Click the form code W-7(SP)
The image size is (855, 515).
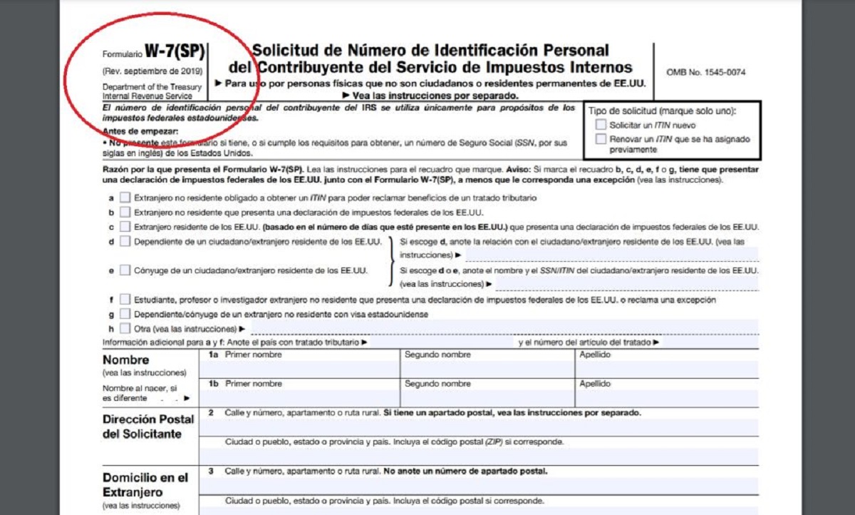(175, 51)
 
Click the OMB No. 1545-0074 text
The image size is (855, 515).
(706, 72)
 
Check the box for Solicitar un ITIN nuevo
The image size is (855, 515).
(601, 125)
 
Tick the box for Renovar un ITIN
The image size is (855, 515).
(601, 139)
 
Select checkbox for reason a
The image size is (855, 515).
(125, 198)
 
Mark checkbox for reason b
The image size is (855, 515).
(125, 212)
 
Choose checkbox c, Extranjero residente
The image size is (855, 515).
(125, 227)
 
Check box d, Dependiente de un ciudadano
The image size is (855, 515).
(125, 242)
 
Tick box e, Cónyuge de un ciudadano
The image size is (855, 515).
(125, 270)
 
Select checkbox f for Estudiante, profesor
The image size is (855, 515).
(125, 300)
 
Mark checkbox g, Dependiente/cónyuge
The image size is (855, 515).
(125, 314)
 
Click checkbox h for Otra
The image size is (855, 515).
(125, 329)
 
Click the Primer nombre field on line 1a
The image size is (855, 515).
(299, 369)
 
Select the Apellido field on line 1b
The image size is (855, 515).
(666, 397)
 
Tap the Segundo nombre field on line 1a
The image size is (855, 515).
(487, 369)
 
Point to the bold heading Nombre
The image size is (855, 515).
(126, 360)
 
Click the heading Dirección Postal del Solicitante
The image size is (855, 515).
(148, 427)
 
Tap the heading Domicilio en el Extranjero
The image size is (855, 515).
(145, 485)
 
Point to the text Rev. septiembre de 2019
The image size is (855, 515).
(152, 71)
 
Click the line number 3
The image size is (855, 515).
(211, 471)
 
